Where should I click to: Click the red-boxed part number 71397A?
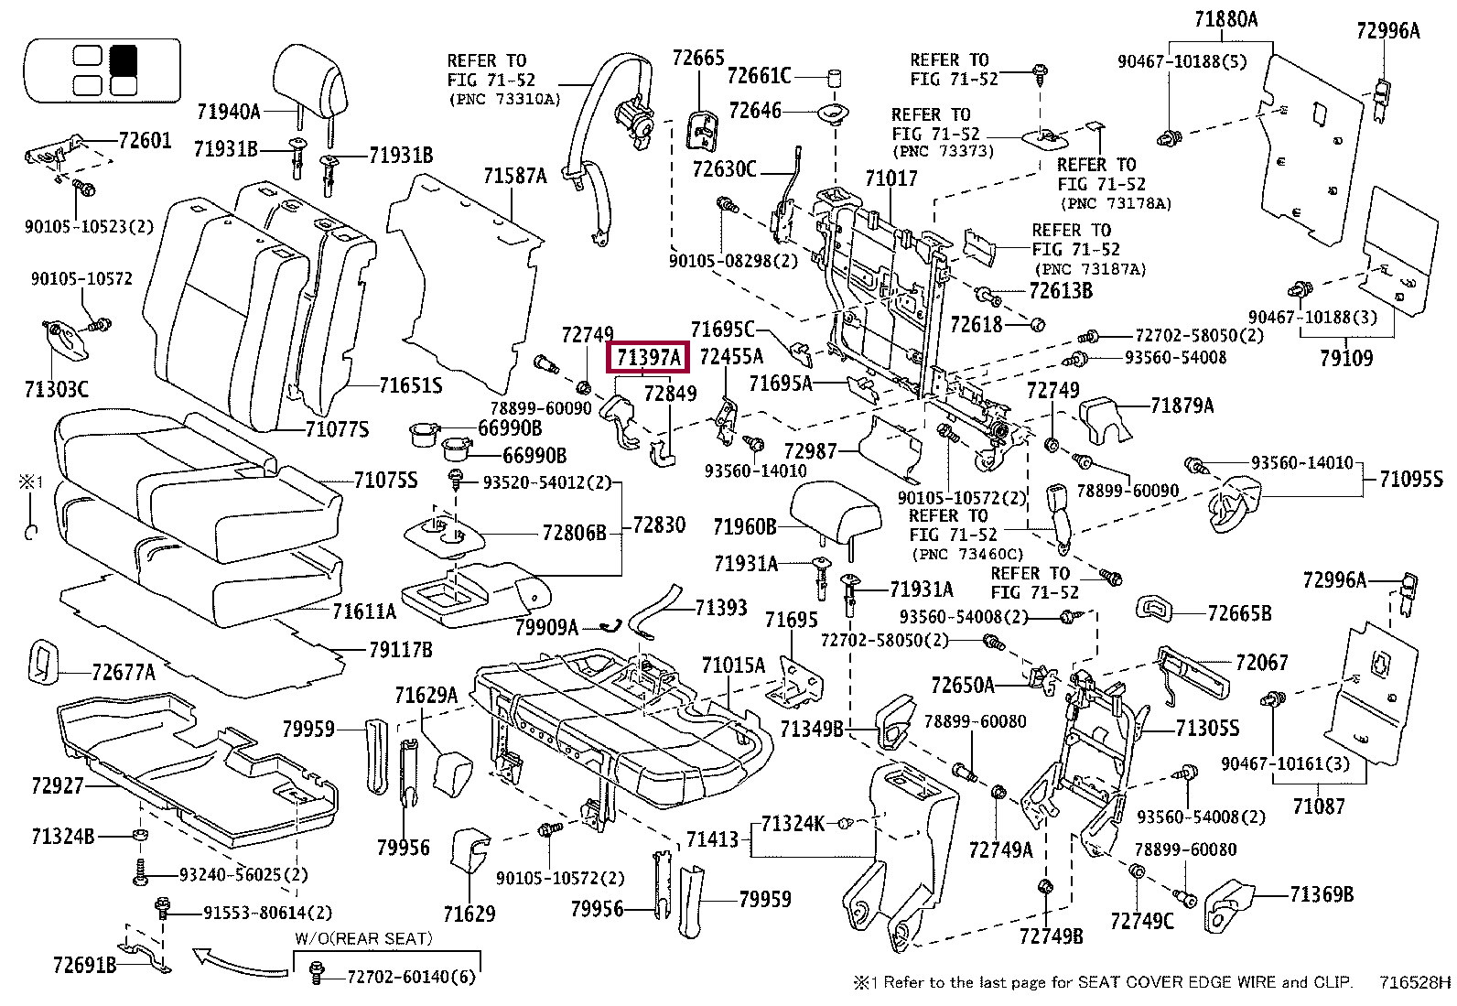[648, 358]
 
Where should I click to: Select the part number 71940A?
[228, 112]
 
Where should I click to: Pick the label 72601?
[145, 141]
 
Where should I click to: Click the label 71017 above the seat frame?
[890, 178]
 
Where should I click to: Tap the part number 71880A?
[1226, 18]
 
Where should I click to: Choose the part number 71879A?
[1182, 406]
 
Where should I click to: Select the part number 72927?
[57, 785]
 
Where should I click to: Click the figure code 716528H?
[1415, 983]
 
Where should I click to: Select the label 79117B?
[399, 650]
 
